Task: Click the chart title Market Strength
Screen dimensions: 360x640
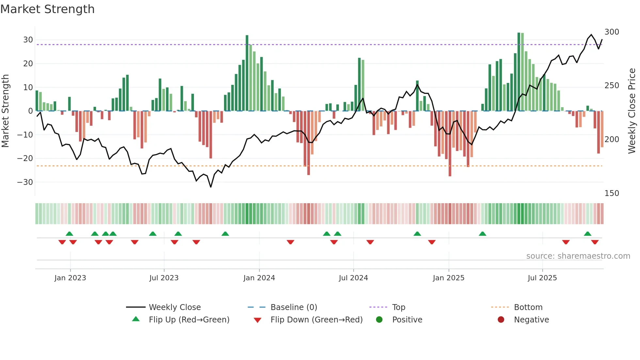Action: click(x=47, y=9)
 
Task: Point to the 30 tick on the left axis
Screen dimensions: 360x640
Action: click(x=28, y=40)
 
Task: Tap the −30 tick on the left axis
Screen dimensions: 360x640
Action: click(x=25, y=182)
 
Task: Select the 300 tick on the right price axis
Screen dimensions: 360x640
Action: click(x=612, y=32)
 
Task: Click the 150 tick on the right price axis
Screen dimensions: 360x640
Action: click(x=612, y=193)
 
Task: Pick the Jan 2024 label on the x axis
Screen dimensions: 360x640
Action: click(x=259, y=278)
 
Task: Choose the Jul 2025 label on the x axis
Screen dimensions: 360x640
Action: click(x=542, y=278)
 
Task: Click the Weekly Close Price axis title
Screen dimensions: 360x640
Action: click(x=632, y=111)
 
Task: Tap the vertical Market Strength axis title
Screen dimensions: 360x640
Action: click(x=5, y=111)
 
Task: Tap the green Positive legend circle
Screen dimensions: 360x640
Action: click(x=379, y=320)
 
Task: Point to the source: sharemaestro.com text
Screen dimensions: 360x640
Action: click(x=578, y=256)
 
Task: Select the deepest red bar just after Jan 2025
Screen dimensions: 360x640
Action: click(x=450, y=144)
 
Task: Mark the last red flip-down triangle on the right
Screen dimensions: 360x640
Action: click(x=595, y=242)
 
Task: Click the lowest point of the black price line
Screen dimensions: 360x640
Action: click(x=211, y=187)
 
